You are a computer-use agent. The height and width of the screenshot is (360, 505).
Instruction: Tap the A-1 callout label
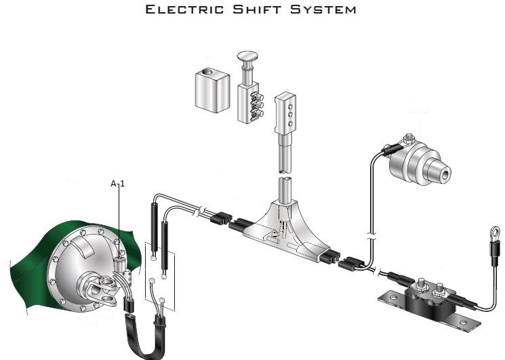[x=119, y=183]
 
